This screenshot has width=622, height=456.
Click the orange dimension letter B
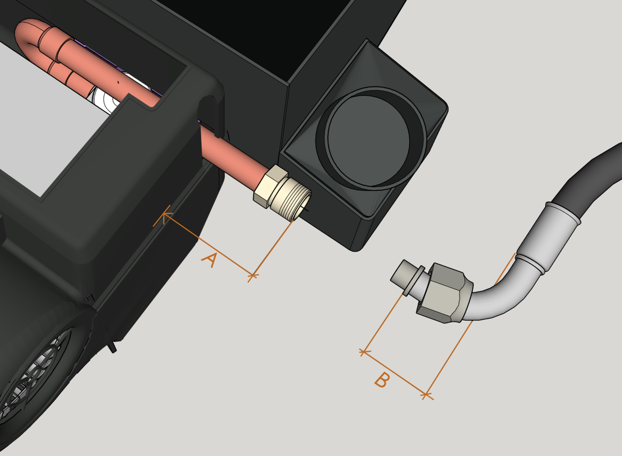tap(382, 380)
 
